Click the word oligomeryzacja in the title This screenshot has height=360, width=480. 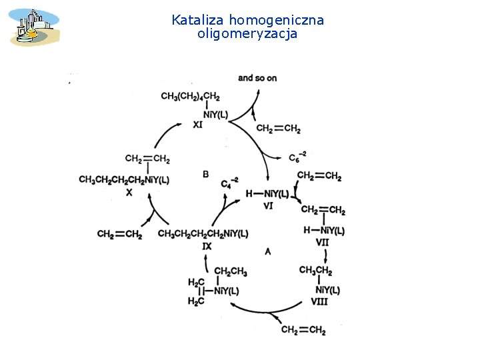247,33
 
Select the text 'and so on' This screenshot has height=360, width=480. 257,78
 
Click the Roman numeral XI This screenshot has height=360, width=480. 198,125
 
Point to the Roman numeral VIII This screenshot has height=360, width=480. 320,301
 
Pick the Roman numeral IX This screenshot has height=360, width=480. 207,246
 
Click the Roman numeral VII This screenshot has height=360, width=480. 323,242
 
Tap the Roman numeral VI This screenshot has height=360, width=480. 269,206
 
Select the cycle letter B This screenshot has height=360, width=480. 205,174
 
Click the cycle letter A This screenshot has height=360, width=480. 267,251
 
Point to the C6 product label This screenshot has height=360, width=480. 297,157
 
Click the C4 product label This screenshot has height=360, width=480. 229,182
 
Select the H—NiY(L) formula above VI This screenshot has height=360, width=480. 267,194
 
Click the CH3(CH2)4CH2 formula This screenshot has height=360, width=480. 190,97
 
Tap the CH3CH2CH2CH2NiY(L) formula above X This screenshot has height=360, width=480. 124,180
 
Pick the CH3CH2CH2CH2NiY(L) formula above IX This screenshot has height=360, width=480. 203,233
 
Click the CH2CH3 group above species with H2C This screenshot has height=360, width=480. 231,272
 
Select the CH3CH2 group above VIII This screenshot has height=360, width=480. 315,270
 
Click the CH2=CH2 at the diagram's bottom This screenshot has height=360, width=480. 303,330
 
